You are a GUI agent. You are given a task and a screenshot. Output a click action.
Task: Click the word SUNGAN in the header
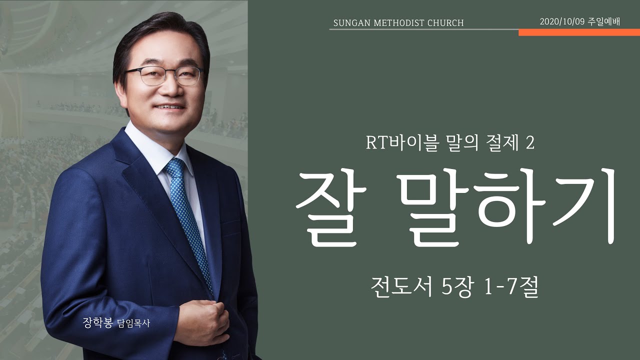[x=349, y=23]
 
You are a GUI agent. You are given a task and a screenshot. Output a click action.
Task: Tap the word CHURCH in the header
[x=446, y=23]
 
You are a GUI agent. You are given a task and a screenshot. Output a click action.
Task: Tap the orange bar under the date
[x=579, y=32]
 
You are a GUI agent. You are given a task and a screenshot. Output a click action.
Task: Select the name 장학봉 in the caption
[x=98, y=323]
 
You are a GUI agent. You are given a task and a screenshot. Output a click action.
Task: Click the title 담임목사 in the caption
[x=133, y=324]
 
